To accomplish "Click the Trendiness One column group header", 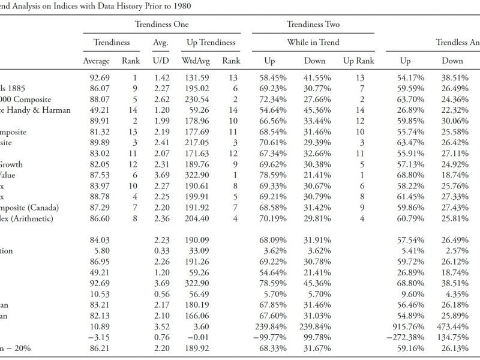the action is (x=161, y=24).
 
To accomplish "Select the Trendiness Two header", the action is (x=313, y=24).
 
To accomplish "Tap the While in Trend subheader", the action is (x=313, y=42).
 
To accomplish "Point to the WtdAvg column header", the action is (x=196, y=61).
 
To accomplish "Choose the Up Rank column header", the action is (x=359, y=61).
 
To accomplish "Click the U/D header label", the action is (x=161, y=61).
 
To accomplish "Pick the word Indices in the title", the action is (x=65, y=6).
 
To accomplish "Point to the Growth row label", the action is (x=11, y=164).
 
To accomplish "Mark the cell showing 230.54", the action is (x=197, y=100).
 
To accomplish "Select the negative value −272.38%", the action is (x=406, y=337).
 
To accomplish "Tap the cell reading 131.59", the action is (x=197, y=78).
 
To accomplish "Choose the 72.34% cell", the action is (x=273, y=100).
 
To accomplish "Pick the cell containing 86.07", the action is (x=100, y=88).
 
